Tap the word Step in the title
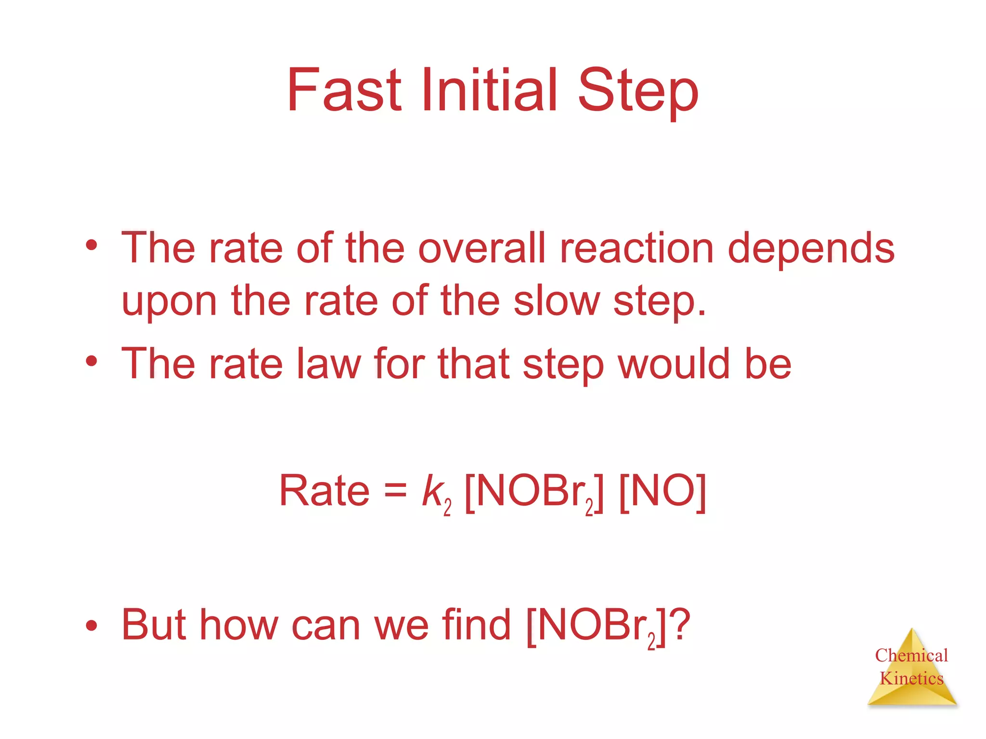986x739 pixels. [x=637, y=91]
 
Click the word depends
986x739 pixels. [x=811, y=249]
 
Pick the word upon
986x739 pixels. [x=169, y=303]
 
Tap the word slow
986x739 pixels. [x=556, y=301]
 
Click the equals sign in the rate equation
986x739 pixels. [x=395, y=491]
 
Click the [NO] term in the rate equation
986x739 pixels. [x=662, y=491]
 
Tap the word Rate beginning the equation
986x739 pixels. [x=324, y=491]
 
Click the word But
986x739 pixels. [x=154, y=624]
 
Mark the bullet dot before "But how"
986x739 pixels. [x=91, y=626]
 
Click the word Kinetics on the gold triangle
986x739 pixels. [x=911, y=678]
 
